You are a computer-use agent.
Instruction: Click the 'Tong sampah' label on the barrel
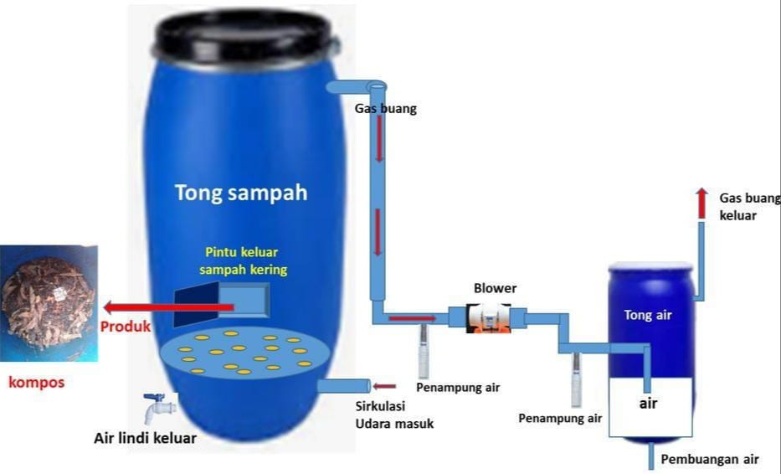coord(241,193)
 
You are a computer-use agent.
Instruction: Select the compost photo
coord(49,303)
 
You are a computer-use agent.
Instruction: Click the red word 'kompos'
coord(36,383)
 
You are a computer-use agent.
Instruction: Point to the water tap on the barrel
coord(157,405)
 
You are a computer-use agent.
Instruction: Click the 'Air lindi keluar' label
coord(145,438)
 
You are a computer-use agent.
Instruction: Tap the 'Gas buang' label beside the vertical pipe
coord(385,109)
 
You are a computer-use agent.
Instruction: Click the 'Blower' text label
coord(495,287)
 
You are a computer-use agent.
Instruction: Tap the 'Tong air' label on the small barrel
coord(648,315)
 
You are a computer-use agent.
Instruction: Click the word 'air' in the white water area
coord(649,403)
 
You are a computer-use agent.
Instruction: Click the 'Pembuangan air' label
coord(709,459)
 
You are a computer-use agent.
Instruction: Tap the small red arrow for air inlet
coord(385,386)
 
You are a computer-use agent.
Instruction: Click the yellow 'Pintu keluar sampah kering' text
coord(246,260)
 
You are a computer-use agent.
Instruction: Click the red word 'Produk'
coord(126,327)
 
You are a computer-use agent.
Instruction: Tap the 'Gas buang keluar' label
coord(748,207)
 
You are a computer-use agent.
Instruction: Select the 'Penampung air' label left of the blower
coord(458,388)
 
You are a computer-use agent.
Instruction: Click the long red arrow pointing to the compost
coord(167,307)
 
